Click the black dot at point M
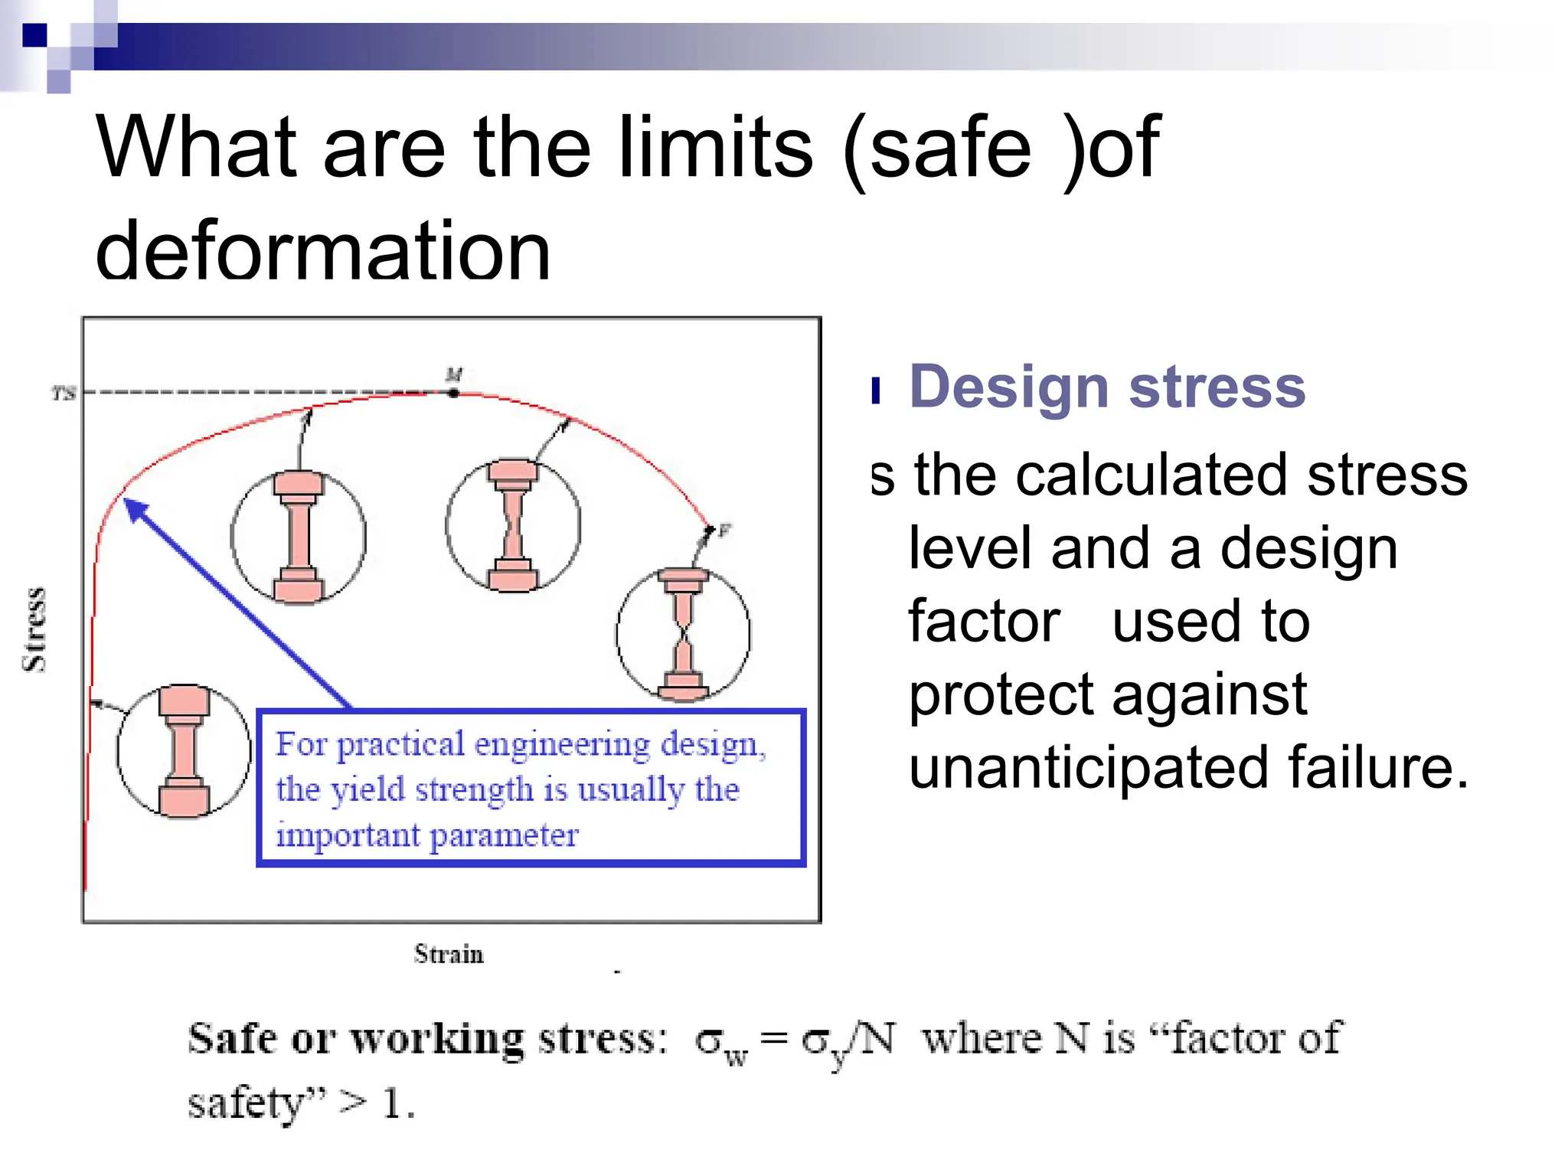click(453, 393)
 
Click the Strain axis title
click(449, 954)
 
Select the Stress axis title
click(34, 630)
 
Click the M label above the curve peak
click(454, 374)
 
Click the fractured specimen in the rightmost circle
click(684, 634)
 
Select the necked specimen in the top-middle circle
click(513, 525)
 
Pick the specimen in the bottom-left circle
click(184, 750)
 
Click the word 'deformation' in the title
click(323, 250)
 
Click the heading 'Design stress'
click(1107, 387)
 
